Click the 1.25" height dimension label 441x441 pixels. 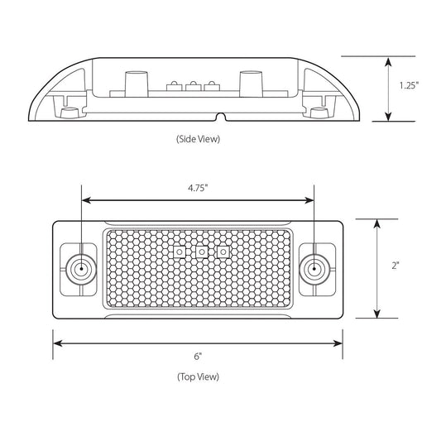(x=408, y=85)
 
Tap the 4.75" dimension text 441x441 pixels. (x=198, y=188)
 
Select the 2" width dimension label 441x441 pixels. (x=396, y=266)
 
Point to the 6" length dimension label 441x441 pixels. (x=198, y=356)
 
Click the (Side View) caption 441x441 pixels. (x=198, y=139)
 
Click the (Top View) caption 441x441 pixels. (x=198, y=376)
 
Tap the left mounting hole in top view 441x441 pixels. (x=80, y=269)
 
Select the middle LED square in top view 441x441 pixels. (x=199, y=252)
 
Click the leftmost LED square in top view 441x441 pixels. (x=178, y=252)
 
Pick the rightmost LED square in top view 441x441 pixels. (x=222, y=252)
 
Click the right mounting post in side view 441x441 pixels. (x=249, y=84)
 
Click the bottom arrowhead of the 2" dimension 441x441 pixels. (x=377, y=314)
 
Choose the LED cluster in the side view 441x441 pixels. (x=190, y=84)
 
